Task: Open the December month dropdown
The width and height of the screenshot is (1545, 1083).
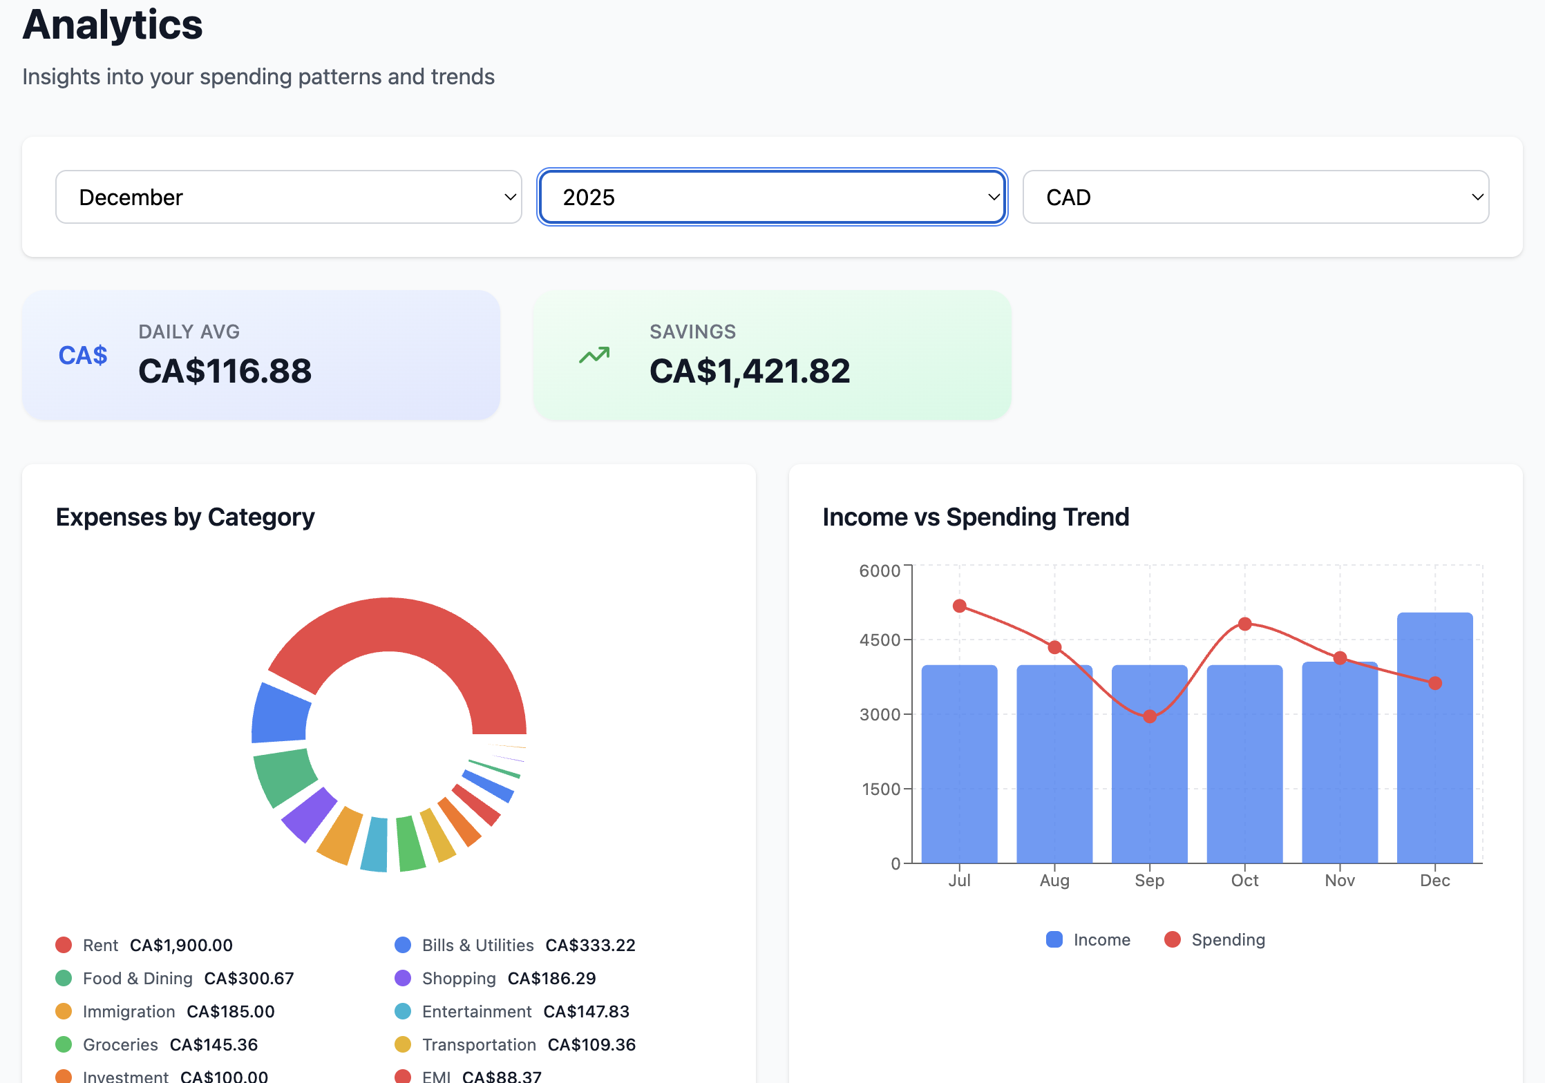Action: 288,198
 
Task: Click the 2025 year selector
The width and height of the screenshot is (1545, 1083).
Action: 772,198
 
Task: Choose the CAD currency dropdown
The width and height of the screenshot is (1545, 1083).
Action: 1255,198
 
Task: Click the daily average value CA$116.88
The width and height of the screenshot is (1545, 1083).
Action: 225,371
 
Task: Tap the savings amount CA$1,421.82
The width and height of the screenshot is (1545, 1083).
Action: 750,371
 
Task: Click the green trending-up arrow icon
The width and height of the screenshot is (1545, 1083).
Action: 594,355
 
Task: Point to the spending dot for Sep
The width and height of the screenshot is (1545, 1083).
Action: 1150,716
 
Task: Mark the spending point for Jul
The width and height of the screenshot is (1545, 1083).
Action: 959,606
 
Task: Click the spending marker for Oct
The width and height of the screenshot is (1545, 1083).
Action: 1244,624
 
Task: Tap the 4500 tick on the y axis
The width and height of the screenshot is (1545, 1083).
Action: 880,640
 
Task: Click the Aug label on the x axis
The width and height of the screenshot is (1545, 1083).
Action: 1054,881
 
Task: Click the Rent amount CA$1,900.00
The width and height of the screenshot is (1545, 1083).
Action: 181,946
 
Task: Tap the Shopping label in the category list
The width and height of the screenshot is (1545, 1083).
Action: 459,979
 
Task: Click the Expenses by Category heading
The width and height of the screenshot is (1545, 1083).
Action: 185,517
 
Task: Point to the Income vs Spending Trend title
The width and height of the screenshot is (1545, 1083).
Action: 976,517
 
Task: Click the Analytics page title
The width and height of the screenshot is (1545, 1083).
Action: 113,25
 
